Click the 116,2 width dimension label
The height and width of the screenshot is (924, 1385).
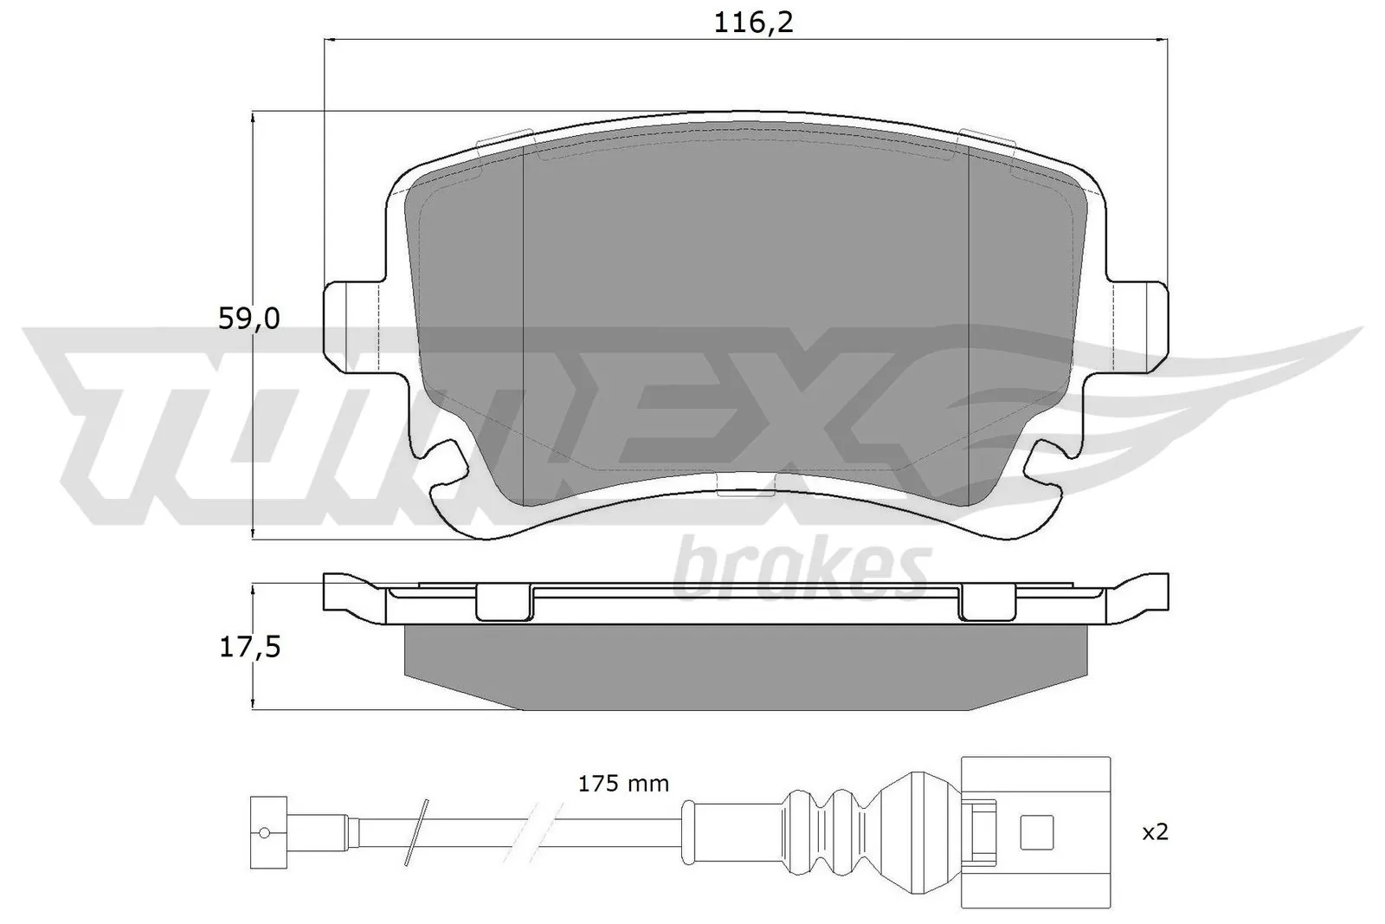tap(752, 23)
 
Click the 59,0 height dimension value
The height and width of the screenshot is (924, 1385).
tap(248, 320)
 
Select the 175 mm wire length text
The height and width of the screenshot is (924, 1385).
tap(623, 785)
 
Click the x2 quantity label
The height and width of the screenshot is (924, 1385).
tap(1155, 832)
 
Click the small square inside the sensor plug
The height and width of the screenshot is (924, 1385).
tap(1036, 833)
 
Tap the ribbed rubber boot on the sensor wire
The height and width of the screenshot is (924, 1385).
tap(831, 832)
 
